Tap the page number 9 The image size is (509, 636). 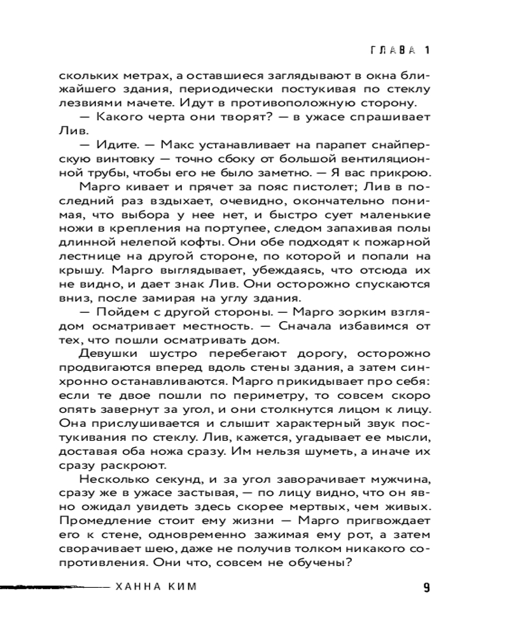pos(426,587)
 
